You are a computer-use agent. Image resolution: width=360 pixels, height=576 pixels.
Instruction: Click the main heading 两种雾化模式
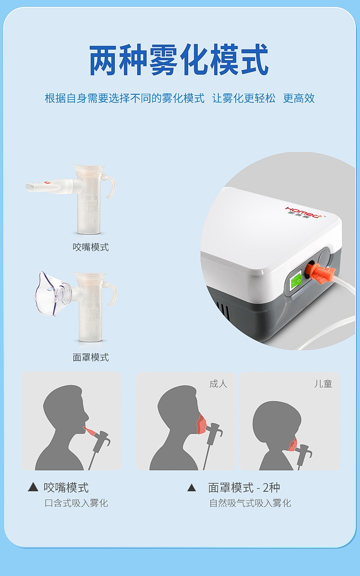[x=179, y=60]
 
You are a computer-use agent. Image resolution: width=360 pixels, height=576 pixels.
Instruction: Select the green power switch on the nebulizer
[x=296, y=280]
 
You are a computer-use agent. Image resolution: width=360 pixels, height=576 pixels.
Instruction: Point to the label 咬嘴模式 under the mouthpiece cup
[x=91, y=247]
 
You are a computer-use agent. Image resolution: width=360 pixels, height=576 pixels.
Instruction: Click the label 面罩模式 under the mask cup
[x=91, y=357]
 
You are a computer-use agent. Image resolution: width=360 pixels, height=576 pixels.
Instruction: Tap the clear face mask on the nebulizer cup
[x=51, y=294]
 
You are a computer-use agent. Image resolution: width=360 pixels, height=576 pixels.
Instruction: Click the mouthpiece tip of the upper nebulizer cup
[x=31, y=187]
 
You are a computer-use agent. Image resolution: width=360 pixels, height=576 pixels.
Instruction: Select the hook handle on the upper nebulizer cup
[x=109, y=186]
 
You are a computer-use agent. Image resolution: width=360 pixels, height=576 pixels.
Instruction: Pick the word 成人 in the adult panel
[x=218, y=384]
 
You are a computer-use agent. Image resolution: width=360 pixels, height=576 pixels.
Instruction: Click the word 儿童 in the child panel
[x=323, y=384]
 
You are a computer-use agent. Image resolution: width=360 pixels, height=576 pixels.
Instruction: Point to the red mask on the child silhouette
[x=293, y=444]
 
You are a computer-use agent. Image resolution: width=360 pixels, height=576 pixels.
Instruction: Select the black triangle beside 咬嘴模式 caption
[x=33, y=487]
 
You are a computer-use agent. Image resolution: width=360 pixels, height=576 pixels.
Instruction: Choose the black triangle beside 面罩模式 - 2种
[x=191, y=487]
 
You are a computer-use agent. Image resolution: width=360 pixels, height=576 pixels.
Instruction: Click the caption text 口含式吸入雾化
[x=76, y=503]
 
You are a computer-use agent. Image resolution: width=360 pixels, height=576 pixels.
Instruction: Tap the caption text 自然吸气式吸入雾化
[x=250, y=503]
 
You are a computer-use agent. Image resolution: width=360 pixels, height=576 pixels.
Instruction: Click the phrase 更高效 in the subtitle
[x=299, y=98]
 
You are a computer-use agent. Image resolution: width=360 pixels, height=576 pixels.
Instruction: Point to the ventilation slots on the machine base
[x=223, y=311]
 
